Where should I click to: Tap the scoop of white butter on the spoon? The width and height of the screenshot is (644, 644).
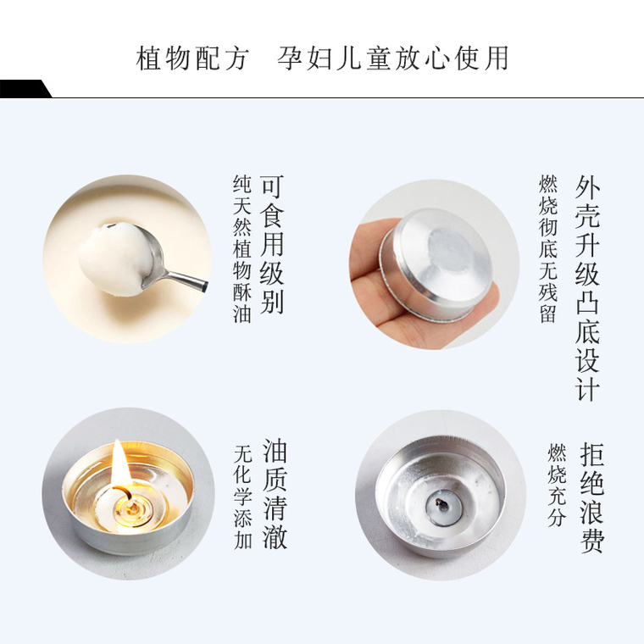pyautogui.click(x=114, y=258)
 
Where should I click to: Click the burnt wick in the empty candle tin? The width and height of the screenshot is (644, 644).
pyautogui.click(x=443, y=504)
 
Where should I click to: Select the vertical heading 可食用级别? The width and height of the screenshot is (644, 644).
pyautogui.click(x=272, y=245)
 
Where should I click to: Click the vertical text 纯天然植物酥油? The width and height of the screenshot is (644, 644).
pyautogui.click(x=241, y=249)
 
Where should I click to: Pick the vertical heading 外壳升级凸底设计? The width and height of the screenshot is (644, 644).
pyautogui.click(x=587, y=288)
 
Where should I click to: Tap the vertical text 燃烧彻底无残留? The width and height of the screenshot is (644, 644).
pyautogui.click(x=548, y=249)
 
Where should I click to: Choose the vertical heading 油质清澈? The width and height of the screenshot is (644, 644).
pyautogui.click(x=275, y=496)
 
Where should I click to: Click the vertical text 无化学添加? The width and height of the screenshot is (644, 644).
pyautogui.click(x=242, y=497)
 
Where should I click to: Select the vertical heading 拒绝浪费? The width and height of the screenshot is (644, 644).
pyautogui.click(x=591, y=497)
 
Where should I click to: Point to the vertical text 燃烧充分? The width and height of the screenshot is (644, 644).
pyautogui.click(x=557, y=485)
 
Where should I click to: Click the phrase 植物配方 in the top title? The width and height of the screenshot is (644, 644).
pyautogui.click(x=192, y=58)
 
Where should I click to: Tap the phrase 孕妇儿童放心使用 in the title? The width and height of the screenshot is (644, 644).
pyautogui.click(x=393, y=58)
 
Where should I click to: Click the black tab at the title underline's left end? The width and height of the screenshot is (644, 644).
pyautogui.click(x=25, y=89)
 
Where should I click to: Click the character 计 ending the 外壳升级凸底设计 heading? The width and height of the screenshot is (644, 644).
pyautogui.click(x=587, y=389)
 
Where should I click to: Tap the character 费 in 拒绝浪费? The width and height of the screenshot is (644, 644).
pyautogui.click(x=591, y=541)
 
